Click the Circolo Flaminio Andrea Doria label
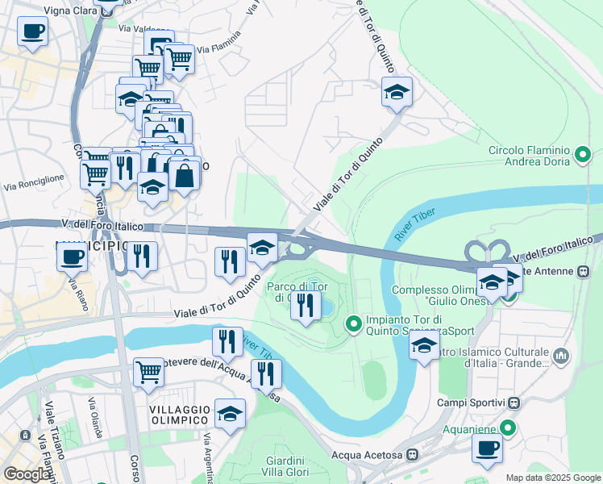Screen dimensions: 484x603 (x=529, y=156)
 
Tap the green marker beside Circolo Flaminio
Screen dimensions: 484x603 (x=584, y=152)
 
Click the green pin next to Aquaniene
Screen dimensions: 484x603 (x=507, y=427)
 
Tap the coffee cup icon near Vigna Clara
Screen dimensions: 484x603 (x=32, y=32)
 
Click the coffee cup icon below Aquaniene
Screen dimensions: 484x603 (x=487, y=449)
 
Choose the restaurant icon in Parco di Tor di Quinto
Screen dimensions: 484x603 (x=306, y=305)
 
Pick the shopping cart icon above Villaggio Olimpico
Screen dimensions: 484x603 (x=148, y=372)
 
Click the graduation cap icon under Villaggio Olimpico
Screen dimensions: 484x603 (x=231, y=415)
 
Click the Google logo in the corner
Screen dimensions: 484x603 (x=26, y=474)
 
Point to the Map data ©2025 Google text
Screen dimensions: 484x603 (x=553, y=478)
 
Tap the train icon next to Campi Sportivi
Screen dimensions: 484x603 (x=514, y=403)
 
